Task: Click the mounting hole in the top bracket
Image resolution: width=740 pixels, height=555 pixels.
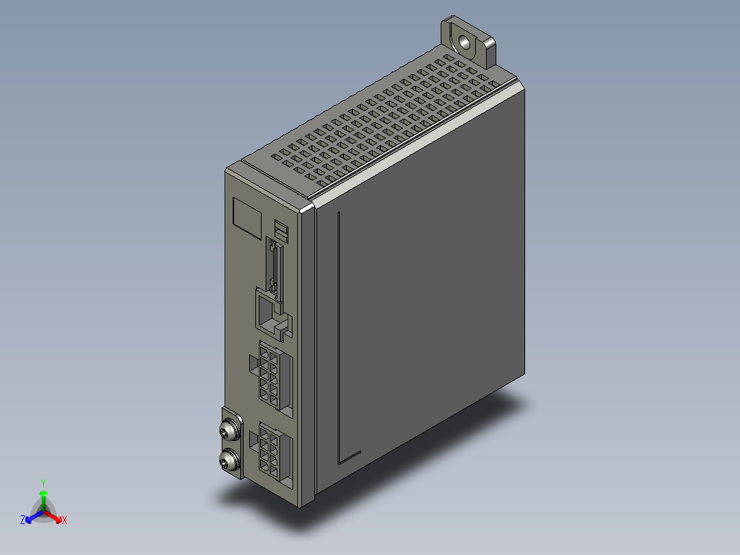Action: (x=465, y=42)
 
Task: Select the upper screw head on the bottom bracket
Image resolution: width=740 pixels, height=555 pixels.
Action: (x=229, y=431)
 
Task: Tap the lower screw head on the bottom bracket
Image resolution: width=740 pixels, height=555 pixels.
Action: (x=229, y=460)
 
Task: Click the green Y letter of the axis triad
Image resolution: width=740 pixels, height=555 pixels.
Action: (x=43, y=483)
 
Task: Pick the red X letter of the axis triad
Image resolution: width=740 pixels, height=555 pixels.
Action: (x=64, y=520)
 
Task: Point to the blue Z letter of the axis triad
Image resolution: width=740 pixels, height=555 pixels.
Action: (x=23, y=520)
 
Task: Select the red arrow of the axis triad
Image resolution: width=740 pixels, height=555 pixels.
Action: (x=55, y=516)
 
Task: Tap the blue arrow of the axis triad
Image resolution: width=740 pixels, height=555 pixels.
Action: (x=32, y=516)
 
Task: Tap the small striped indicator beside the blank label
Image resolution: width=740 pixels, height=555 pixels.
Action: (x=281, y=230)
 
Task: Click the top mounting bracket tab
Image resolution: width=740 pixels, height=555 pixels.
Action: (x=469, y=41)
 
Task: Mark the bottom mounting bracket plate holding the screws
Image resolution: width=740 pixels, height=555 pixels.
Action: (x=232, y=444)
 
